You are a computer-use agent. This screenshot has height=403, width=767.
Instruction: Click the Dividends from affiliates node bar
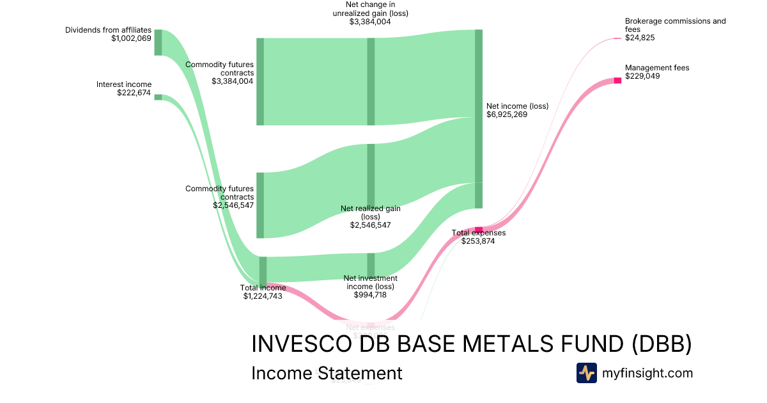158,42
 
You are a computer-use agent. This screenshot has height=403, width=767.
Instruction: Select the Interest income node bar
158,97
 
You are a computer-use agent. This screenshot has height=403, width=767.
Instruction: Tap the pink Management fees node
617,80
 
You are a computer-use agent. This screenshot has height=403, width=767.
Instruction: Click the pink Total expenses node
479,229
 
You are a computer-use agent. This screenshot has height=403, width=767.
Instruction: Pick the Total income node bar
263,271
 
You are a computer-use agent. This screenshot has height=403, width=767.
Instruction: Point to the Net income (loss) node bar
479,118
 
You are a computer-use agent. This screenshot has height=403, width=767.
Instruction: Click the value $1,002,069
131,38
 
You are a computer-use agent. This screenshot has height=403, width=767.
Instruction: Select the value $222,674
134,93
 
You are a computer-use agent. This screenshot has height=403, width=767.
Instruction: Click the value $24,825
640,38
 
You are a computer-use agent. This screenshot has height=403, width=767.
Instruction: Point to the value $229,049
642,76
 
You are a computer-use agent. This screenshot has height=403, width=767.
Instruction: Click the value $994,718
371,295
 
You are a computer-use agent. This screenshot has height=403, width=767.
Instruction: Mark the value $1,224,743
263,296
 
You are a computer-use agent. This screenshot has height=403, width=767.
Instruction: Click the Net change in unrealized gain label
370,9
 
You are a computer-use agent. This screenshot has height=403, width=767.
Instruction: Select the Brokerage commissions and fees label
675,25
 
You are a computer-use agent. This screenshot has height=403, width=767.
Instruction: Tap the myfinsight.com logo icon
587,373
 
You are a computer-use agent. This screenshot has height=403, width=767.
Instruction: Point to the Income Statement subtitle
327,373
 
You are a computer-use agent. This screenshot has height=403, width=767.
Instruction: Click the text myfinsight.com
647,373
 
